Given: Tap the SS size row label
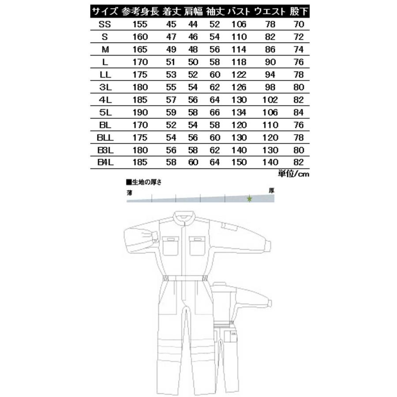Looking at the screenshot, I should [x=105, y=23].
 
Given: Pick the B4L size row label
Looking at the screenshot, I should [x=105, y=162].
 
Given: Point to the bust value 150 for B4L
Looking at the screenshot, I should [x=239, y=162].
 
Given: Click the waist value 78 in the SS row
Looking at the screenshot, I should [x=270, y=23].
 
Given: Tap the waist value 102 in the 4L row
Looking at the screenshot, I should [x=270, y=97].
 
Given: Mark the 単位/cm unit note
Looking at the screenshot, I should [x=293, y=173].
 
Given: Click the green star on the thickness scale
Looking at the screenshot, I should [x=249, y=199].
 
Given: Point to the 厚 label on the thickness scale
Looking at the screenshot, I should [x=272, y=191].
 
